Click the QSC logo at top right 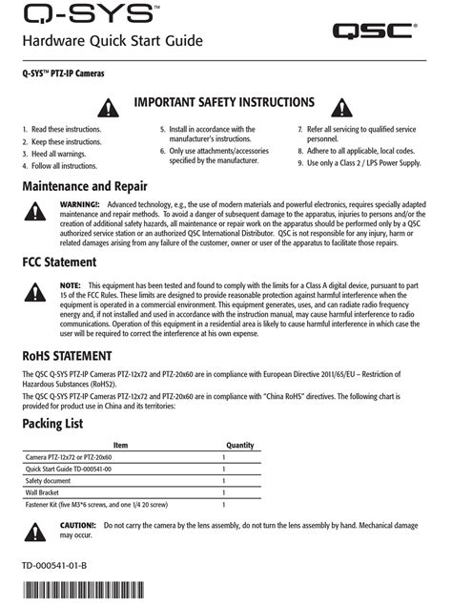pos(374,31)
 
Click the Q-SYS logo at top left pos(78,13)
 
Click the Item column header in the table pos(120,445)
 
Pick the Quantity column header pos(239,445)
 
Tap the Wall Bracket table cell pos(48,492)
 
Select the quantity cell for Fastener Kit pos(224,504)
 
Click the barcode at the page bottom pos(68,593)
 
